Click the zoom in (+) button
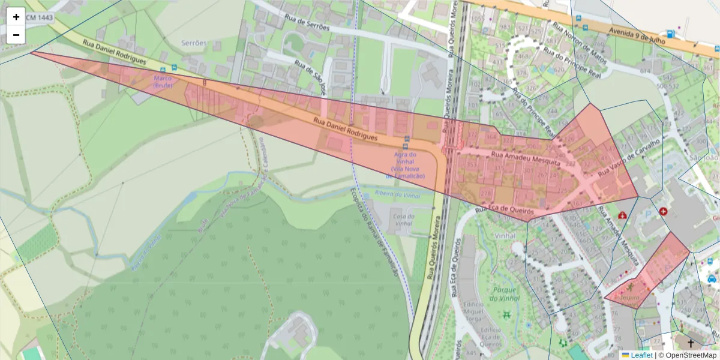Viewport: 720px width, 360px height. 16,17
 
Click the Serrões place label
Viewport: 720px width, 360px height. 194,43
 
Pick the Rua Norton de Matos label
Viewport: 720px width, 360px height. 580,44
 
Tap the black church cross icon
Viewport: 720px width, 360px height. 691,343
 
